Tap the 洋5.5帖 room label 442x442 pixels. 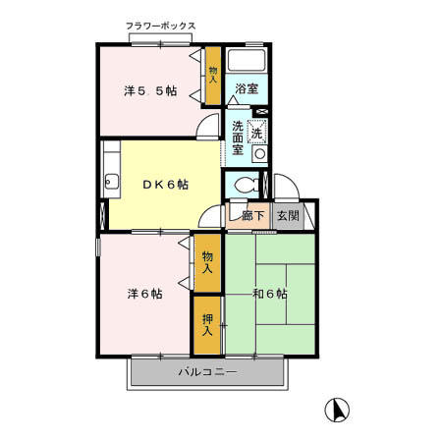coord(149,91)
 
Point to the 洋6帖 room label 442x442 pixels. coord(143,293)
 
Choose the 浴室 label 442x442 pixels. coord(246,89)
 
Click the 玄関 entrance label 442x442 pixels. coord(288,215)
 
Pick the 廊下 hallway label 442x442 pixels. coord(252,215)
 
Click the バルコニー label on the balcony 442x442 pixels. coord(206,372)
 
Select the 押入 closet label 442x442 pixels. coord(207,324)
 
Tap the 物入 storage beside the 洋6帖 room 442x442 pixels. coord(207,261)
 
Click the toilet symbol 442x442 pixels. coord(248,184)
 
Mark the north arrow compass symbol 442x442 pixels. coord(336,409)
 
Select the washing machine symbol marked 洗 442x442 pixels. coord(257,132)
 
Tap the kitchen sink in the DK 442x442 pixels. coord(111,182)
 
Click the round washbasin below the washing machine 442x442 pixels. coord(258,154)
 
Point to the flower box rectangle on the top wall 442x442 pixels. coord(160,38)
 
